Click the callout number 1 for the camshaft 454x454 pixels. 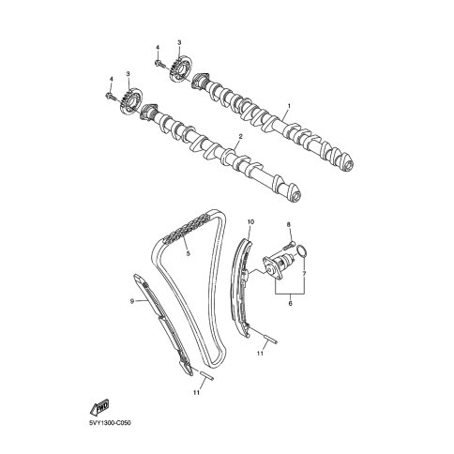[289, 106]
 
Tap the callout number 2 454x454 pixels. [240, 137]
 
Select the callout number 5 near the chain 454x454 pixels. [188, 253]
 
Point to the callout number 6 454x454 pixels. [290, 303]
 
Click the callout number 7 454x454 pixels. [304, 273]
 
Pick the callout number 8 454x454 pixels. [289, 224]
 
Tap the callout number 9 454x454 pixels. [132, 301]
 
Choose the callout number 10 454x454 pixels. [250, 222]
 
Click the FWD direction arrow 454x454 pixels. [100, 406]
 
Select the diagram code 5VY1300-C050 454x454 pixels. [110, 423]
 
